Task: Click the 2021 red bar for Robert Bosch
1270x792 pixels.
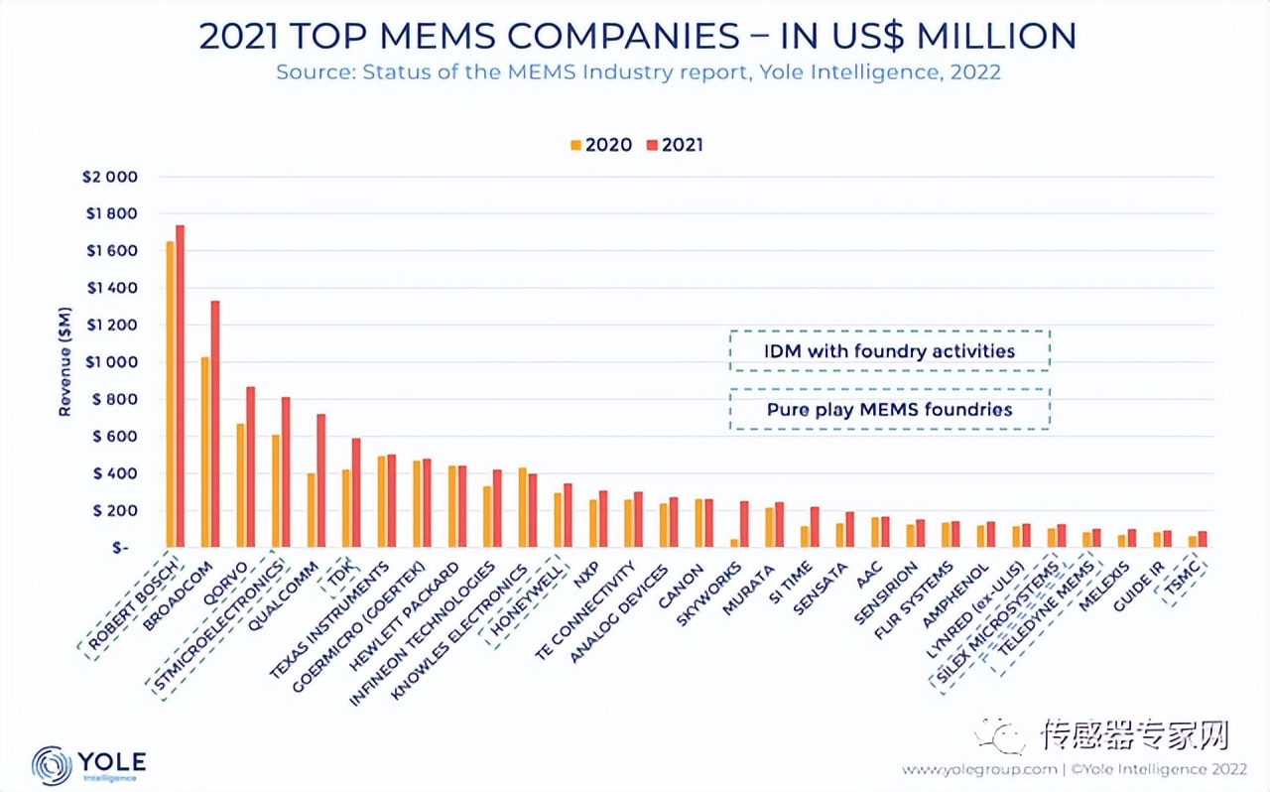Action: (180, 387)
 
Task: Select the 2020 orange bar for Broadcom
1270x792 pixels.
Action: (204, 453)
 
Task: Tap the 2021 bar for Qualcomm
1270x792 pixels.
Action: (320, 481)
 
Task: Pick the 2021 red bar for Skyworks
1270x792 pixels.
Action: (744, 524)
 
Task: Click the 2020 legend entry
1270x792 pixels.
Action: (601, 145)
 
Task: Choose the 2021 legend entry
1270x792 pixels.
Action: (675, 145)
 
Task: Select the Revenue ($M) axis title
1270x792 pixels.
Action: (64, 361)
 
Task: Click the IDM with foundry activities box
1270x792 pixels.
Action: (889, 350)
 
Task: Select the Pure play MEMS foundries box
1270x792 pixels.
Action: (889, 409)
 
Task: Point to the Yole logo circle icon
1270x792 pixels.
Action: (52, 765)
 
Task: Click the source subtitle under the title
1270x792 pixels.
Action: (638, 72)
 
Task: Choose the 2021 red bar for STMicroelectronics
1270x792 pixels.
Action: (285, 472)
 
